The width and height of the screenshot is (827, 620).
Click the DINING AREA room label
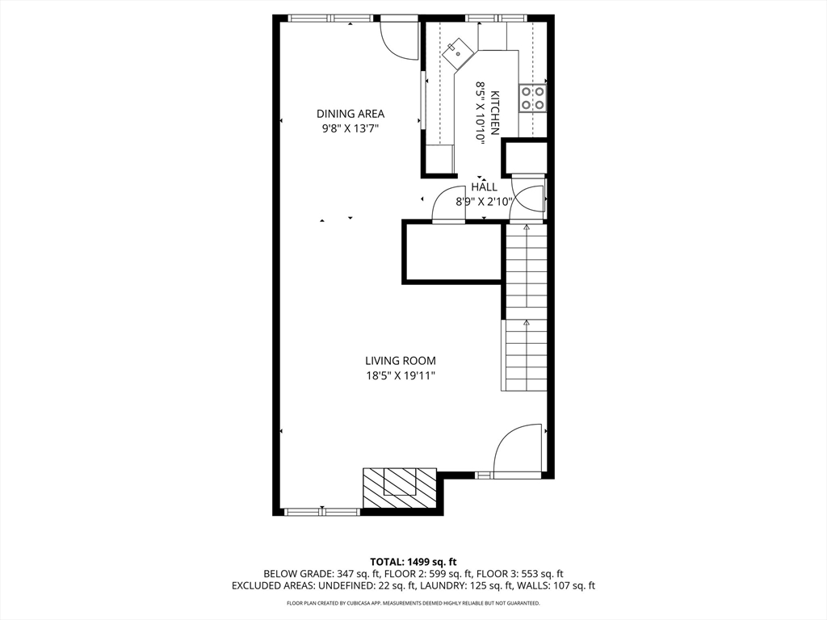click(x=350, y=114)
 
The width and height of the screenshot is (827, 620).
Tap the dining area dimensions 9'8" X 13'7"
click(x=350, y=128)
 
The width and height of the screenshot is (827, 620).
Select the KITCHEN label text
click(x=495, y=112)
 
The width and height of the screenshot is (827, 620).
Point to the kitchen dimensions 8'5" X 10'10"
click(x=480, y=112)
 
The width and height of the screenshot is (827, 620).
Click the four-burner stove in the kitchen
click(x=532, y=98)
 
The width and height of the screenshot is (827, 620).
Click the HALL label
click(x=485, y=187)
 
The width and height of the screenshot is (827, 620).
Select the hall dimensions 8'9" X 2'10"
click(x=485, y=202)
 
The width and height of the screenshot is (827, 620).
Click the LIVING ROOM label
click(x=400, y=361)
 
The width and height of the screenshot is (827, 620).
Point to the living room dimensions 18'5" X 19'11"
click(x=400, y=375)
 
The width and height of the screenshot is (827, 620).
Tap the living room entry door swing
click(x=517, y=449)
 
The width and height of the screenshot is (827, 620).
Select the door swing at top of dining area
click(x=399, y=37)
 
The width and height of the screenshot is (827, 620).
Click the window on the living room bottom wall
click(x=322, y=511)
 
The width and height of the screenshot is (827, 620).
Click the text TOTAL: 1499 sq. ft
click(x=413, y=561)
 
